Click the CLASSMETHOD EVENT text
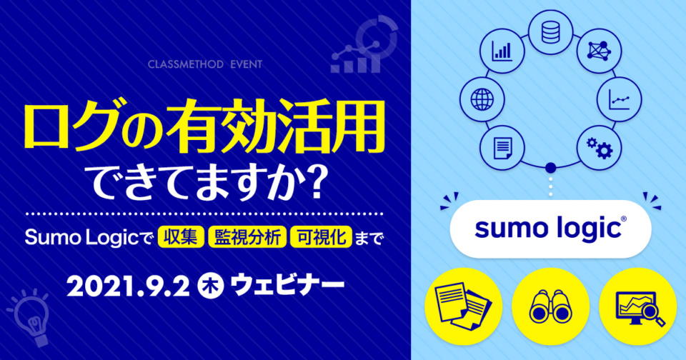[x=205, y=64]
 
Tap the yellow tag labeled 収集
[x=181, y=237]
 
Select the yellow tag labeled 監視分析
[x=247, y=237]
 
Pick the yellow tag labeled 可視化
[x=321, y=237]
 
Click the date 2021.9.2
[x=128, y=287]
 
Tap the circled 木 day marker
[x=211, y=286]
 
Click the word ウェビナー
[x=288, y=286]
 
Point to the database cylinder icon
[x=550, y=33]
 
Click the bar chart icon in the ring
[x=502, y=51]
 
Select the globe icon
[x=482, y=99]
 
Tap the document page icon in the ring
[x=502, y=148]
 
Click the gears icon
[x=599, y=147]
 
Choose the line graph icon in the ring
[x=619, y=100]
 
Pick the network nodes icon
[x=599, y=51]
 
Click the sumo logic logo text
[x=550, y=229]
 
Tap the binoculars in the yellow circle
[x=550, y=306]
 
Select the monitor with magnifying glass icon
[x=640, y=309]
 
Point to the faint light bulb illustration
[x=31, y=316]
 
